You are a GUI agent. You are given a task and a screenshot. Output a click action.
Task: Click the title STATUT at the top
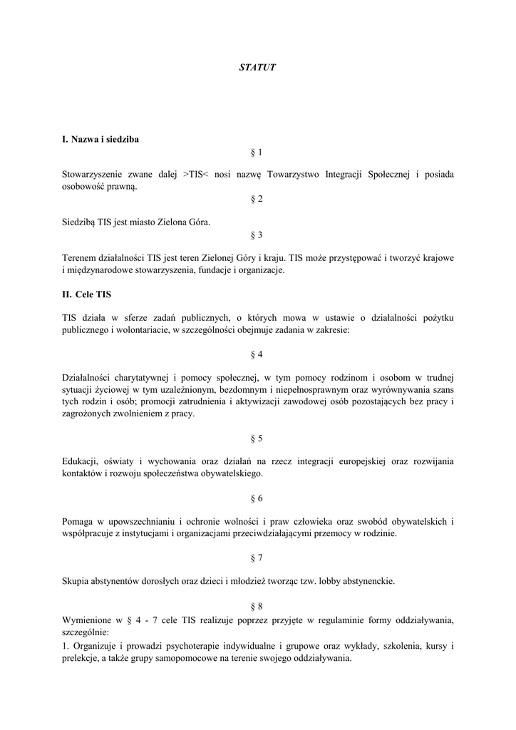point(257,67)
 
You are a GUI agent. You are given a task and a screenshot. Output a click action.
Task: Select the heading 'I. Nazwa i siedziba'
point(100,139)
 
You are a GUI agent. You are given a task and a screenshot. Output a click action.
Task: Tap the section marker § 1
point(257,152)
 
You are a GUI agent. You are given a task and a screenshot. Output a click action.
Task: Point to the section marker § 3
point(257,235)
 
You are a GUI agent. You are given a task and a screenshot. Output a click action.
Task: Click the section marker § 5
point(257,438)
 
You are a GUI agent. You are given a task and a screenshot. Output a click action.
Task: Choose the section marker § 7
point(257,558)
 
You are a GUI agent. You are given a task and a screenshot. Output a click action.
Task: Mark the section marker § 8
point(257,606)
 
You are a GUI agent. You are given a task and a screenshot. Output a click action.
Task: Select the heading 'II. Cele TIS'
point(86,293)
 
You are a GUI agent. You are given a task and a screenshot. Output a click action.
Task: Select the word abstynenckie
point(363,581)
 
